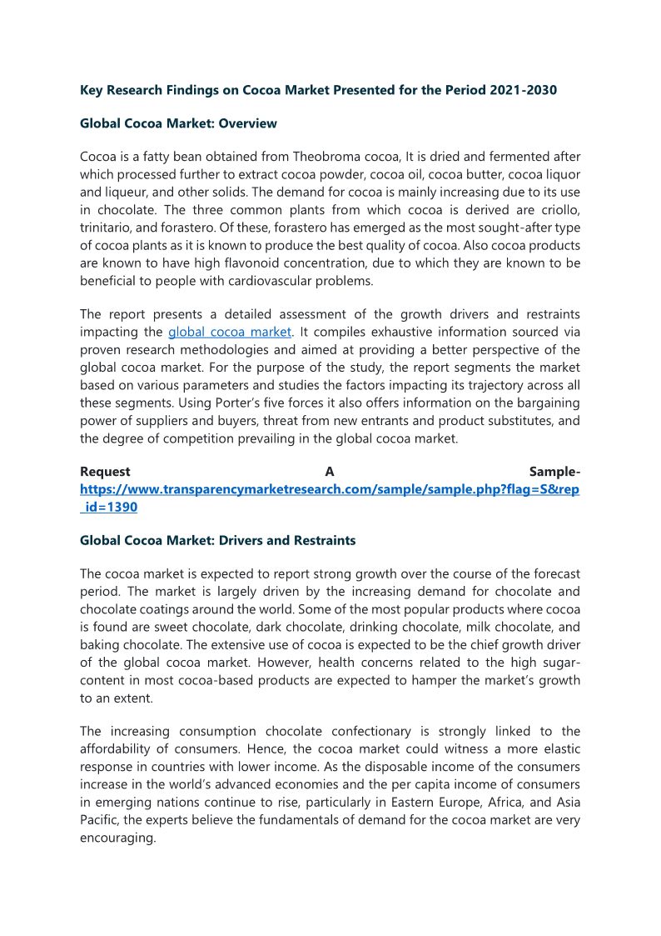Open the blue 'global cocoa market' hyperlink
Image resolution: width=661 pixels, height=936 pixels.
coord(229,333)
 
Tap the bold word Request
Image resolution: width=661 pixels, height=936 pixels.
coord(105,473)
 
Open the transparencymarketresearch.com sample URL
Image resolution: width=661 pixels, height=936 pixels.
coord(330,490)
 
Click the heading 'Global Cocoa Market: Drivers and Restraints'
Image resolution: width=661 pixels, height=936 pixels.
coord(217,540)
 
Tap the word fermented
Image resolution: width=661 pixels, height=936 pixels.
coord(483,158)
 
